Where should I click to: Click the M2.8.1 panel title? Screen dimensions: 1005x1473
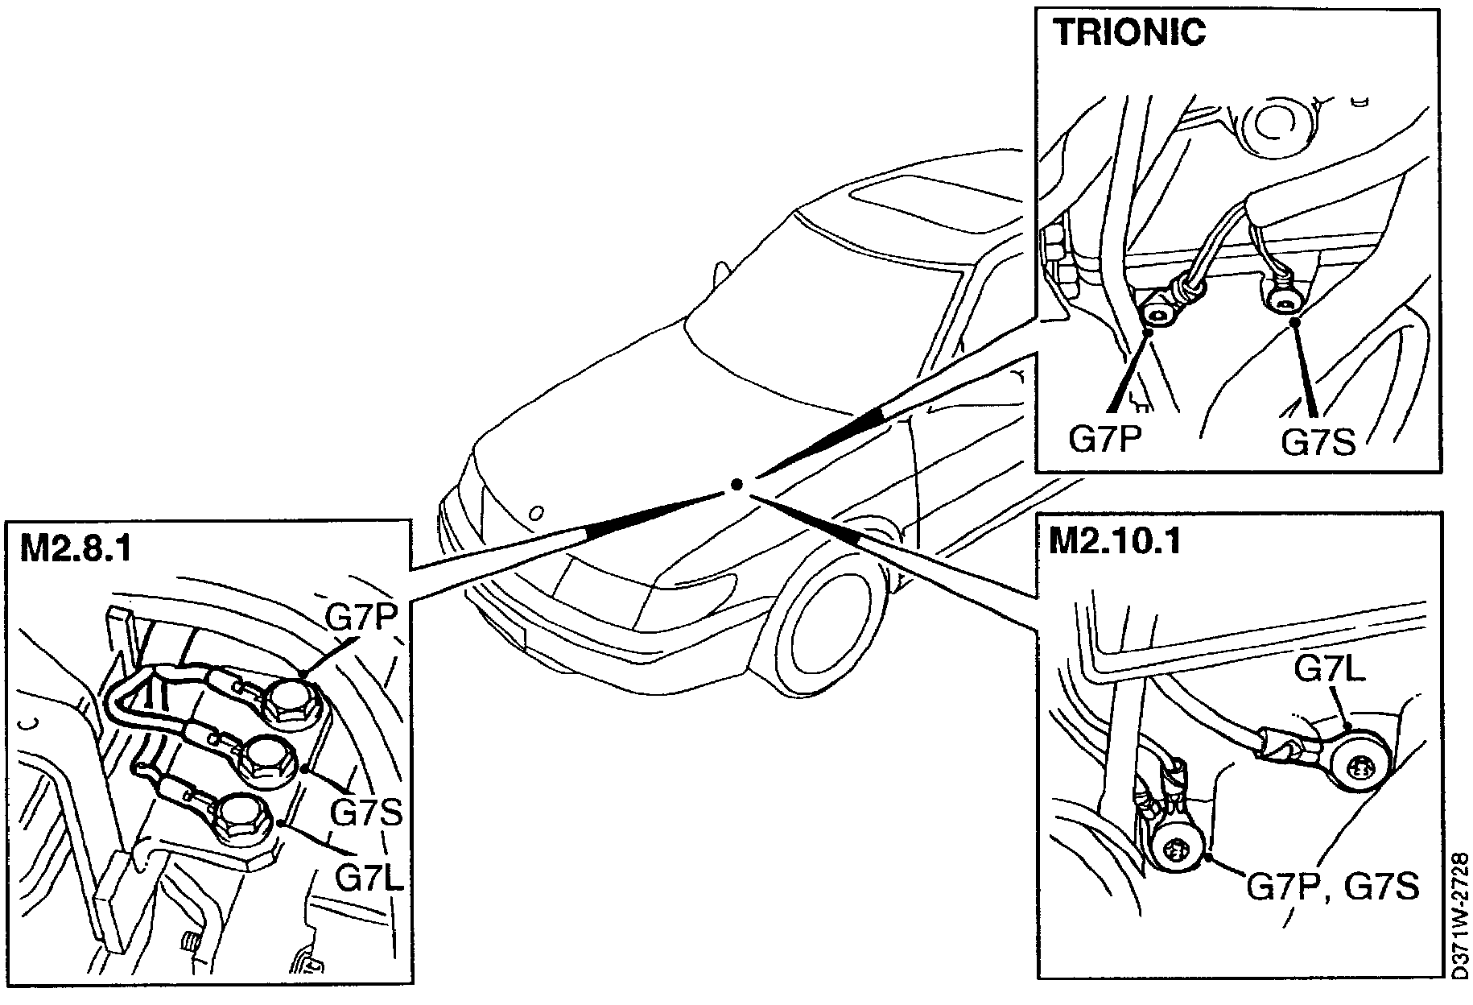pyautogui.click(x=76, y=549)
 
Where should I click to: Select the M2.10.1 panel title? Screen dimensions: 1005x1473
pyautogui.click(x=1115, y=542)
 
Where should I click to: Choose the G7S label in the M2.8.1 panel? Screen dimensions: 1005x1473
pyautogui.click(x=366, y=813)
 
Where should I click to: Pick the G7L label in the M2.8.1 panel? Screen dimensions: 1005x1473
pyautogui.click(x=369, y=876)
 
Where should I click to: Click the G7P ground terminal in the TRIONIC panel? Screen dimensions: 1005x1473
pyautogui.click(x=1158, y=313)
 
